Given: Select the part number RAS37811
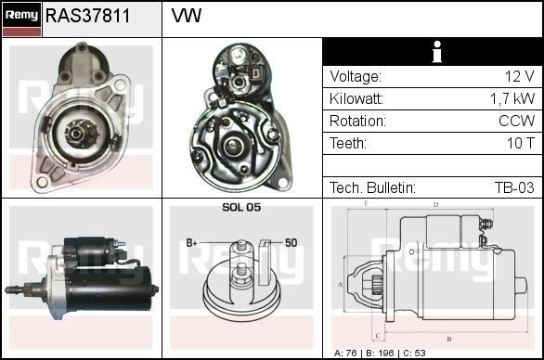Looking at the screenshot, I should point(87,17).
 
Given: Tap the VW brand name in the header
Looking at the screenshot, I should point(187,17).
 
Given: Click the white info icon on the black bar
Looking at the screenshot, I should point(433,52).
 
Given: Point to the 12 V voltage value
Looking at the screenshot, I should point(518,76).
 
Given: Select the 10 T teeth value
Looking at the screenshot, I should point(519,143).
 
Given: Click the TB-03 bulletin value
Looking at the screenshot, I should point(514,187).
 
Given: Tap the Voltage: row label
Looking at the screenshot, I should point(355,76).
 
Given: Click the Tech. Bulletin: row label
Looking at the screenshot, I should point(372,187).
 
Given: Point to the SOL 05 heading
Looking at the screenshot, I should point(240,207).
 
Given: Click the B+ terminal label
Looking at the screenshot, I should point(192,243).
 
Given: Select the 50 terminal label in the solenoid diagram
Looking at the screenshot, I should point(291,243).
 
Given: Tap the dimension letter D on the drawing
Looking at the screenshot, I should point(435,204).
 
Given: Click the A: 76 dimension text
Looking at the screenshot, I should point(350,354).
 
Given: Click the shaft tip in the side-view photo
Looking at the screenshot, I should point(9,290).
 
